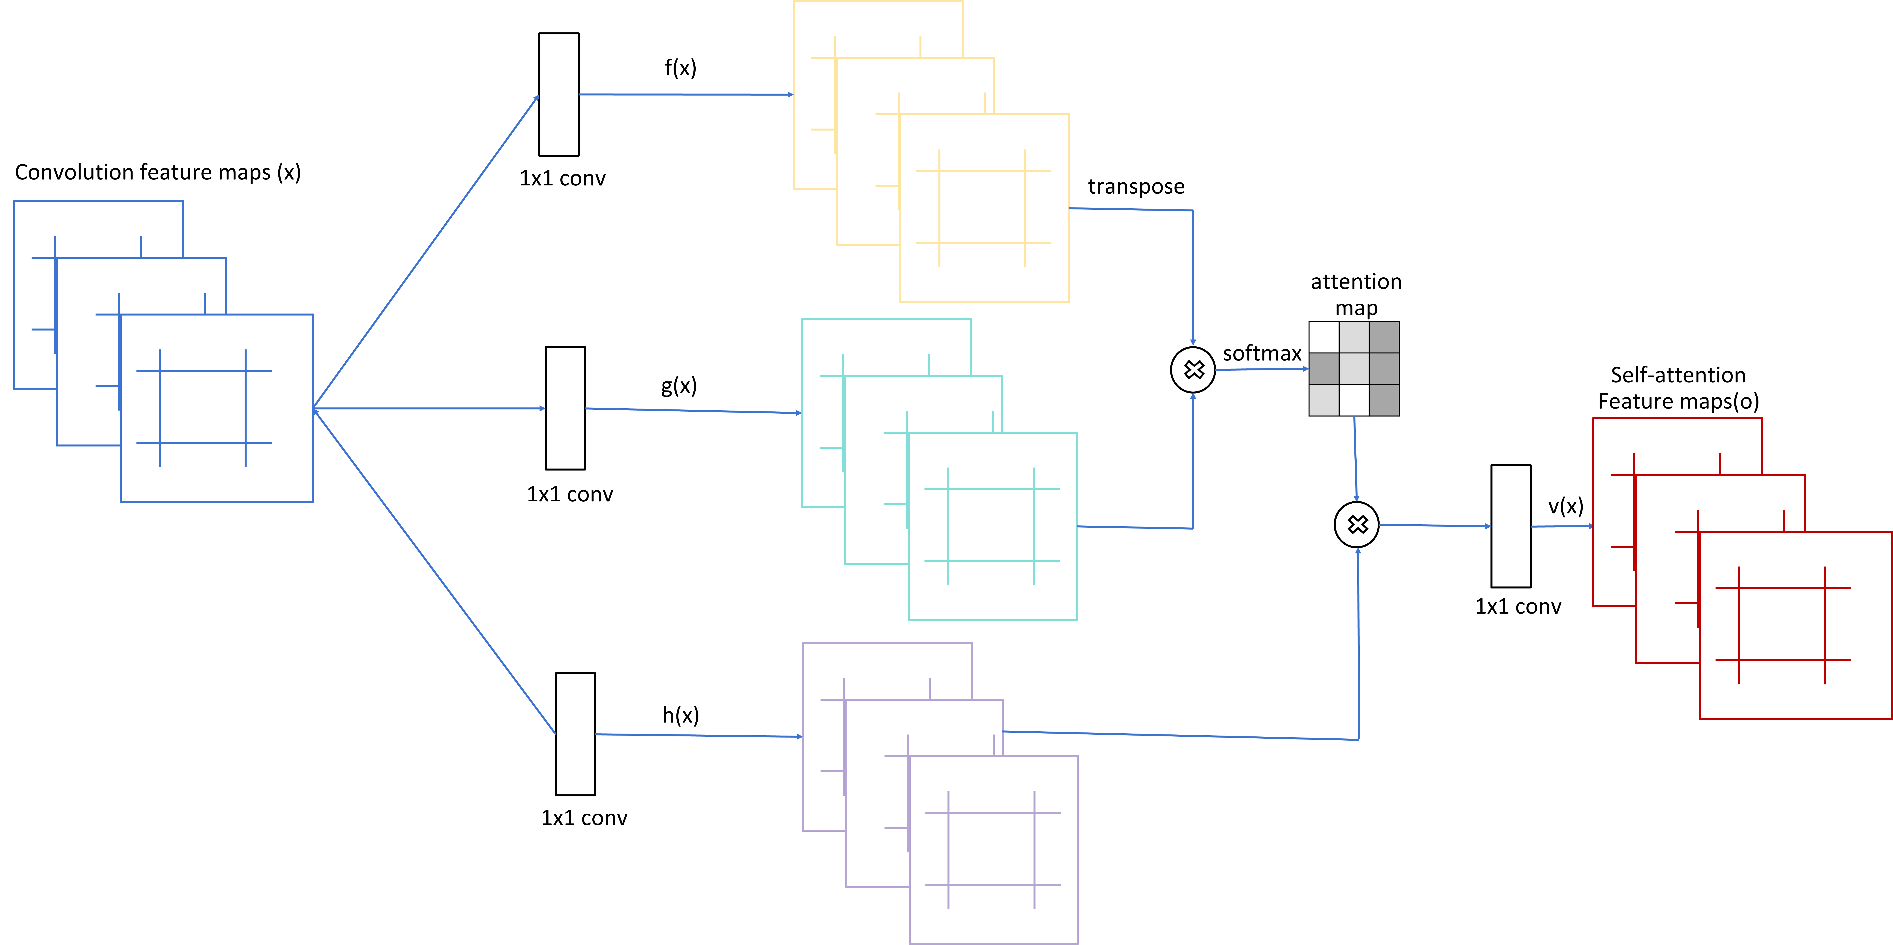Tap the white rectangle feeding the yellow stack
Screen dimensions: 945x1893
(558, 94)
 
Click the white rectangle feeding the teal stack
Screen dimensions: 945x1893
(565, 408)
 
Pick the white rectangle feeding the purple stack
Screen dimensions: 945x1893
(575, 734)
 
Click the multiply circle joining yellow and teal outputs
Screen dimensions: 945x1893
(1193, 370)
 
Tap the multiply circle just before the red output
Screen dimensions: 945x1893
(1357, 525)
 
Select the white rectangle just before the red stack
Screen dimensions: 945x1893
(1511, 526)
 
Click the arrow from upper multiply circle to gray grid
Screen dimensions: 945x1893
(1261, 369)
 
